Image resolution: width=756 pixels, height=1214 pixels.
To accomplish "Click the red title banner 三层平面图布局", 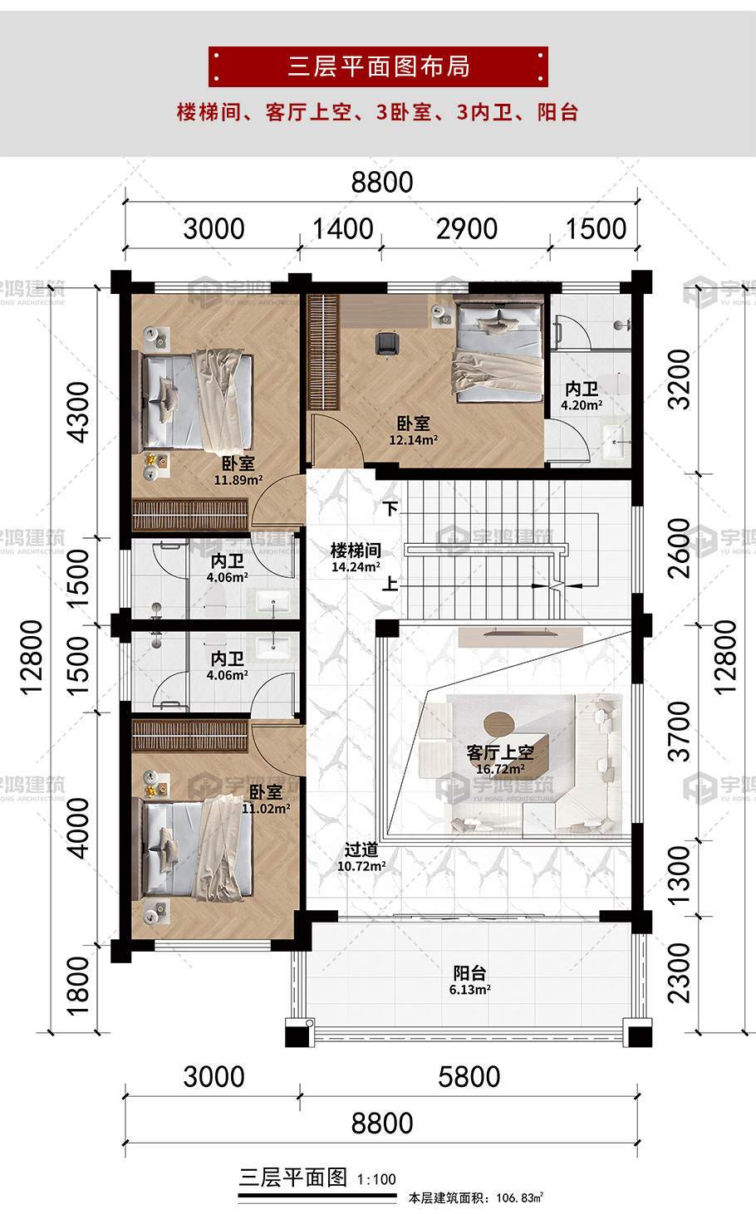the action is (378, 66).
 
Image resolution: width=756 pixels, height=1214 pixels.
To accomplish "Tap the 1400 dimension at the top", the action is (343, 228).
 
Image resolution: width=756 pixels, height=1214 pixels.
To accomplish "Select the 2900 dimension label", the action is (466, 228).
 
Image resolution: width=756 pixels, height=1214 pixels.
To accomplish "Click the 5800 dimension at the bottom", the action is (469, 1076).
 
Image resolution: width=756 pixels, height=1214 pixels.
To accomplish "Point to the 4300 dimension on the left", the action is (77, 413).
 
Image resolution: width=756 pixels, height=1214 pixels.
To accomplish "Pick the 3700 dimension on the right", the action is (679, 732).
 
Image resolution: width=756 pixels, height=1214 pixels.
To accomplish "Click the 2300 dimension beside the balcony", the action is (679, 973).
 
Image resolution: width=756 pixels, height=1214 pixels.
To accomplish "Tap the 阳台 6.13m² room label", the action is (469, 981).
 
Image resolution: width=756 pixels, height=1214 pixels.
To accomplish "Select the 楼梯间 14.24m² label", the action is (356, 558).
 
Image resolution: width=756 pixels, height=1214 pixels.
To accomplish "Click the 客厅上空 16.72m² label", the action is (500, 759).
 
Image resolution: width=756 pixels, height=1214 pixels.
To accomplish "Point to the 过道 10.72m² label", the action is (361, 858).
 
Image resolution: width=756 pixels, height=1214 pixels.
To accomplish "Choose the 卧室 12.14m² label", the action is (413, 432).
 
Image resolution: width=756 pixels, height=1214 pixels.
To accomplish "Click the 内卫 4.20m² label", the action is (582, 396).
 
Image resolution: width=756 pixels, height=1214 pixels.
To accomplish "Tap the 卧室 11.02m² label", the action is (266, 800).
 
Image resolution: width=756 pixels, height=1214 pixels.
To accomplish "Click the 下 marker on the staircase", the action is (390, 509).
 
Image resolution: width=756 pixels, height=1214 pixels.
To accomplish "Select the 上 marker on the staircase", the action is (390, 584).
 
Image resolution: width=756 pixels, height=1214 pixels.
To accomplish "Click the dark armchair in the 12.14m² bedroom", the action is (387, 345).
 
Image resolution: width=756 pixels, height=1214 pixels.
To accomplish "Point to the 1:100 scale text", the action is (376, 1179).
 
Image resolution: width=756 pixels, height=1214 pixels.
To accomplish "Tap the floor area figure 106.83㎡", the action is (519, 1197).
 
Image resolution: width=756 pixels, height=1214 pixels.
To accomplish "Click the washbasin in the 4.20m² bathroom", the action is (615, 442).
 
